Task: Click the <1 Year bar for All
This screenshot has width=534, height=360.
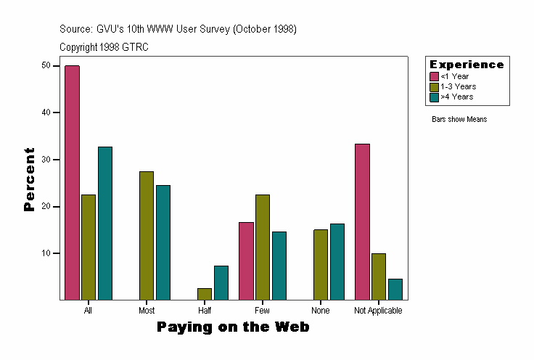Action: tap(72, 182)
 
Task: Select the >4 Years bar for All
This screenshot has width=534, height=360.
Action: tap(105, 223)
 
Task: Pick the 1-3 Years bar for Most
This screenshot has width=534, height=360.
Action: tap(147, 235)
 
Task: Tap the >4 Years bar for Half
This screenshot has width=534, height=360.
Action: tap(221, 282)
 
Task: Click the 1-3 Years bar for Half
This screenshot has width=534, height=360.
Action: tap(205, 294)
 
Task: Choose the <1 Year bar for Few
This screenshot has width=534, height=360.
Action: tap(246, 261)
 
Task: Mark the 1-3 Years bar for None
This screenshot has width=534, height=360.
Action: tap(321, 264)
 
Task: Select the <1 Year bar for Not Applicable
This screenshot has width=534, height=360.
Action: tap(362, 221)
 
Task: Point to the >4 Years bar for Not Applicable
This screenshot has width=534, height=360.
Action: tap(395, 289)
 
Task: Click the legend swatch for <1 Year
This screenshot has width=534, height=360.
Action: tap(434, 76)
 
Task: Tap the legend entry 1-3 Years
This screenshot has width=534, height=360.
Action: tap(458, 86)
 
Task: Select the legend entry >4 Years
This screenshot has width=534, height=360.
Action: tap(457, 97)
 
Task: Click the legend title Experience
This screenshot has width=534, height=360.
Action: tap(467, 65)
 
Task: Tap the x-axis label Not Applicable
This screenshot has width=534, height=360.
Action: tap(378, 311)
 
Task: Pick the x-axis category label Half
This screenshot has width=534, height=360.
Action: tap(205, 311)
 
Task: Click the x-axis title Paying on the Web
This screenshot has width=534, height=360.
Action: tap(233, 327)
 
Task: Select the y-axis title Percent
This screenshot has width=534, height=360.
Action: tap(30, 179)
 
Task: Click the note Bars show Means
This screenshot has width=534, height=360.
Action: tap(459, 119)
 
